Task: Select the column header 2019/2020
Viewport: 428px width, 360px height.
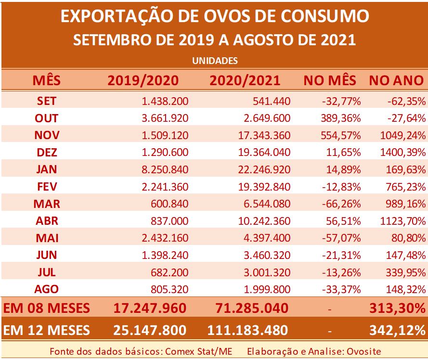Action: click(x=143, y=80)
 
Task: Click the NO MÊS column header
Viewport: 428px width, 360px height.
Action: click(x=330, y=80)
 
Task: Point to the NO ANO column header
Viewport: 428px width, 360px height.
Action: click(x=396, y=80)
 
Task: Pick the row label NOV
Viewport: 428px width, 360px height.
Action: click(x=47, y=135)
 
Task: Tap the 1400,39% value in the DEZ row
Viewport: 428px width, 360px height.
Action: click(x=401, y=153)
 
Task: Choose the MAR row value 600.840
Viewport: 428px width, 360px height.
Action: click(x=170, y=204)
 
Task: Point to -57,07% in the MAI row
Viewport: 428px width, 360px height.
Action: click(x=342, y=238)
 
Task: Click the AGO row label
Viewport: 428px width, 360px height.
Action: click(x=47, y=289)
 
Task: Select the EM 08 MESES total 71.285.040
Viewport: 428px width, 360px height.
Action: click(x=248, y=308)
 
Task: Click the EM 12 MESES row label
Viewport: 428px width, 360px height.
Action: click(x=47, y=330)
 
